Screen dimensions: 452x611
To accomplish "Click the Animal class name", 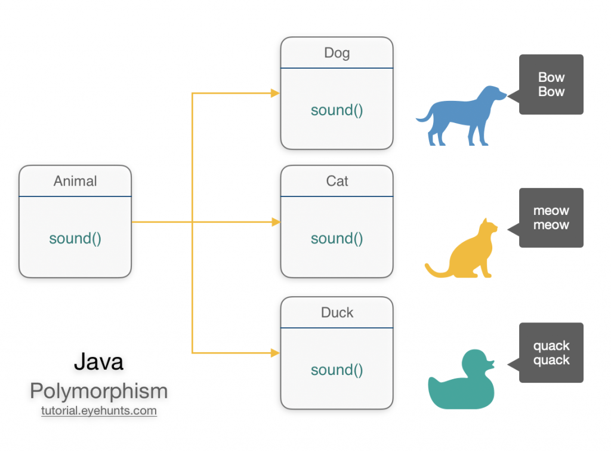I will pos(75,181).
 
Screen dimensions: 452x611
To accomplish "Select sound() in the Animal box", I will pos(75,238).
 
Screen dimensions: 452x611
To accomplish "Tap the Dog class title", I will pos(337,53).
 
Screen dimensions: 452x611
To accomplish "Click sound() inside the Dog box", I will pos(337,110).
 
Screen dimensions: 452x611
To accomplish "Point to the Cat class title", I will pos(337,181).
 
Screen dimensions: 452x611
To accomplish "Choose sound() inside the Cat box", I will pos(337,238).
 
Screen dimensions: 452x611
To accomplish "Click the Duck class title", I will pos(337,312).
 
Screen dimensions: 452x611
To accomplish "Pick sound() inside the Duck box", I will pos(337,370).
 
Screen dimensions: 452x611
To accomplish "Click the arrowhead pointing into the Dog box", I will pos(275,93).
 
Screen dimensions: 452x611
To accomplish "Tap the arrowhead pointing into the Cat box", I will pos(275,222).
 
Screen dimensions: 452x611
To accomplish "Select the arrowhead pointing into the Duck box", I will pos(275,353).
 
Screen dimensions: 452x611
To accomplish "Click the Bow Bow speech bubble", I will pos(551,84).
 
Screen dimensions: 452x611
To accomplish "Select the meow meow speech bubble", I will pos(551,218).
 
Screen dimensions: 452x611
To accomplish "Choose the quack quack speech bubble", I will pos(551,353).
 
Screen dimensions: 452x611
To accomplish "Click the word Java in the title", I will pos(98,361).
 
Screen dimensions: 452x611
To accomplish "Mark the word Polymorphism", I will pos(98,391).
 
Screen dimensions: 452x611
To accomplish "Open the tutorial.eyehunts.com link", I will pos(98,411).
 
